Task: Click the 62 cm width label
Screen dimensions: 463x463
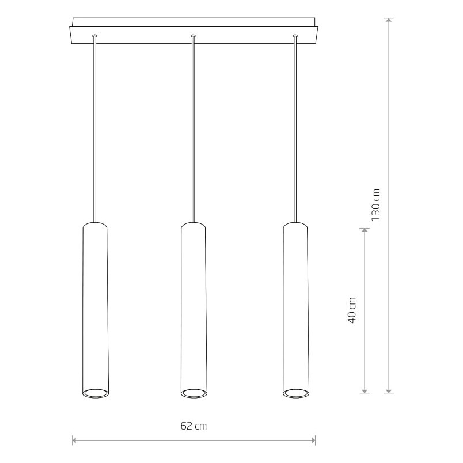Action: pos(193,426)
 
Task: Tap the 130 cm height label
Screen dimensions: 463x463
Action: pos(375,205)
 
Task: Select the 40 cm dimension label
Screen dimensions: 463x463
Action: pos(352,310)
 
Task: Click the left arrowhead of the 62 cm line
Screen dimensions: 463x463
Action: pos(74,441)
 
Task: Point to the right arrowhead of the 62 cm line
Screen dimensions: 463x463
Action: pos(313,441)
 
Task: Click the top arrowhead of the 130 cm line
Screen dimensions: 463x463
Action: pos(389,20)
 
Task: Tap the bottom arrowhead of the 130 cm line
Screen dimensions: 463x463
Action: pos(389,390)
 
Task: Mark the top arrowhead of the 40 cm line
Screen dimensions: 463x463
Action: pos(365,230)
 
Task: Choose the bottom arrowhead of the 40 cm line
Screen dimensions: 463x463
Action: pos(365,390)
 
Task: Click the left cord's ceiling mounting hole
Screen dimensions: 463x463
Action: pos(94,36)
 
